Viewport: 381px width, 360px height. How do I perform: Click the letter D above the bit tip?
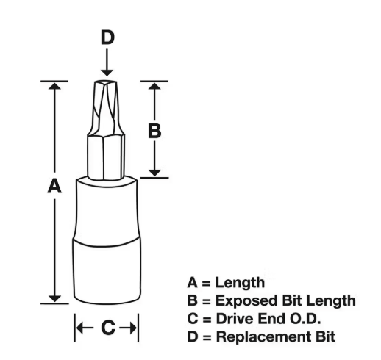tap(107, 37)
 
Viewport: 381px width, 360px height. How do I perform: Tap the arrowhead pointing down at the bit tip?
tap(107, 73)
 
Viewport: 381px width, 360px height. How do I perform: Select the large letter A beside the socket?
tap(54, 186)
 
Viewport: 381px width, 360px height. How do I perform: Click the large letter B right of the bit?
tap(154, 131)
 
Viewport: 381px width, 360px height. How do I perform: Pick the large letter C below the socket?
tap(108, 328)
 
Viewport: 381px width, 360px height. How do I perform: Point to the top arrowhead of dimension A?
tap(54, 86)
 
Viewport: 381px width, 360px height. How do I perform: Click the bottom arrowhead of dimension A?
tap(54, 298)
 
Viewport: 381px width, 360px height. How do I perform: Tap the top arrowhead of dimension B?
tap(154, 86)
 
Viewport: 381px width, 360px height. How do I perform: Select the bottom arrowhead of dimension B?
tap(154, 173)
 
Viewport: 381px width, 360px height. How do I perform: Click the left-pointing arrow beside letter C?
tap(85, 328)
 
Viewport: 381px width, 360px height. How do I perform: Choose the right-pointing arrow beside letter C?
tap(128, 328)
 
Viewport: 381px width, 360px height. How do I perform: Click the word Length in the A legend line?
tap(240, 283)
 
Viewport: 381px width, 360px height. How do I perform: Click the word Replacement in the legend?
tap(264, 336)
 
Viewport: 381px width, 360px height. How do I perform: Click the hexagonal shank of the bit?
tap(106, 157)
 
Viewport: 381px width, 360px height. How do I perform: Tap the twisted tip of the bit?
tap(106, 108)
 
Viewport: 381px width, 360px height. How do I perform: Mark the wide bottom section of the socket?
tap(107, 271)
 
